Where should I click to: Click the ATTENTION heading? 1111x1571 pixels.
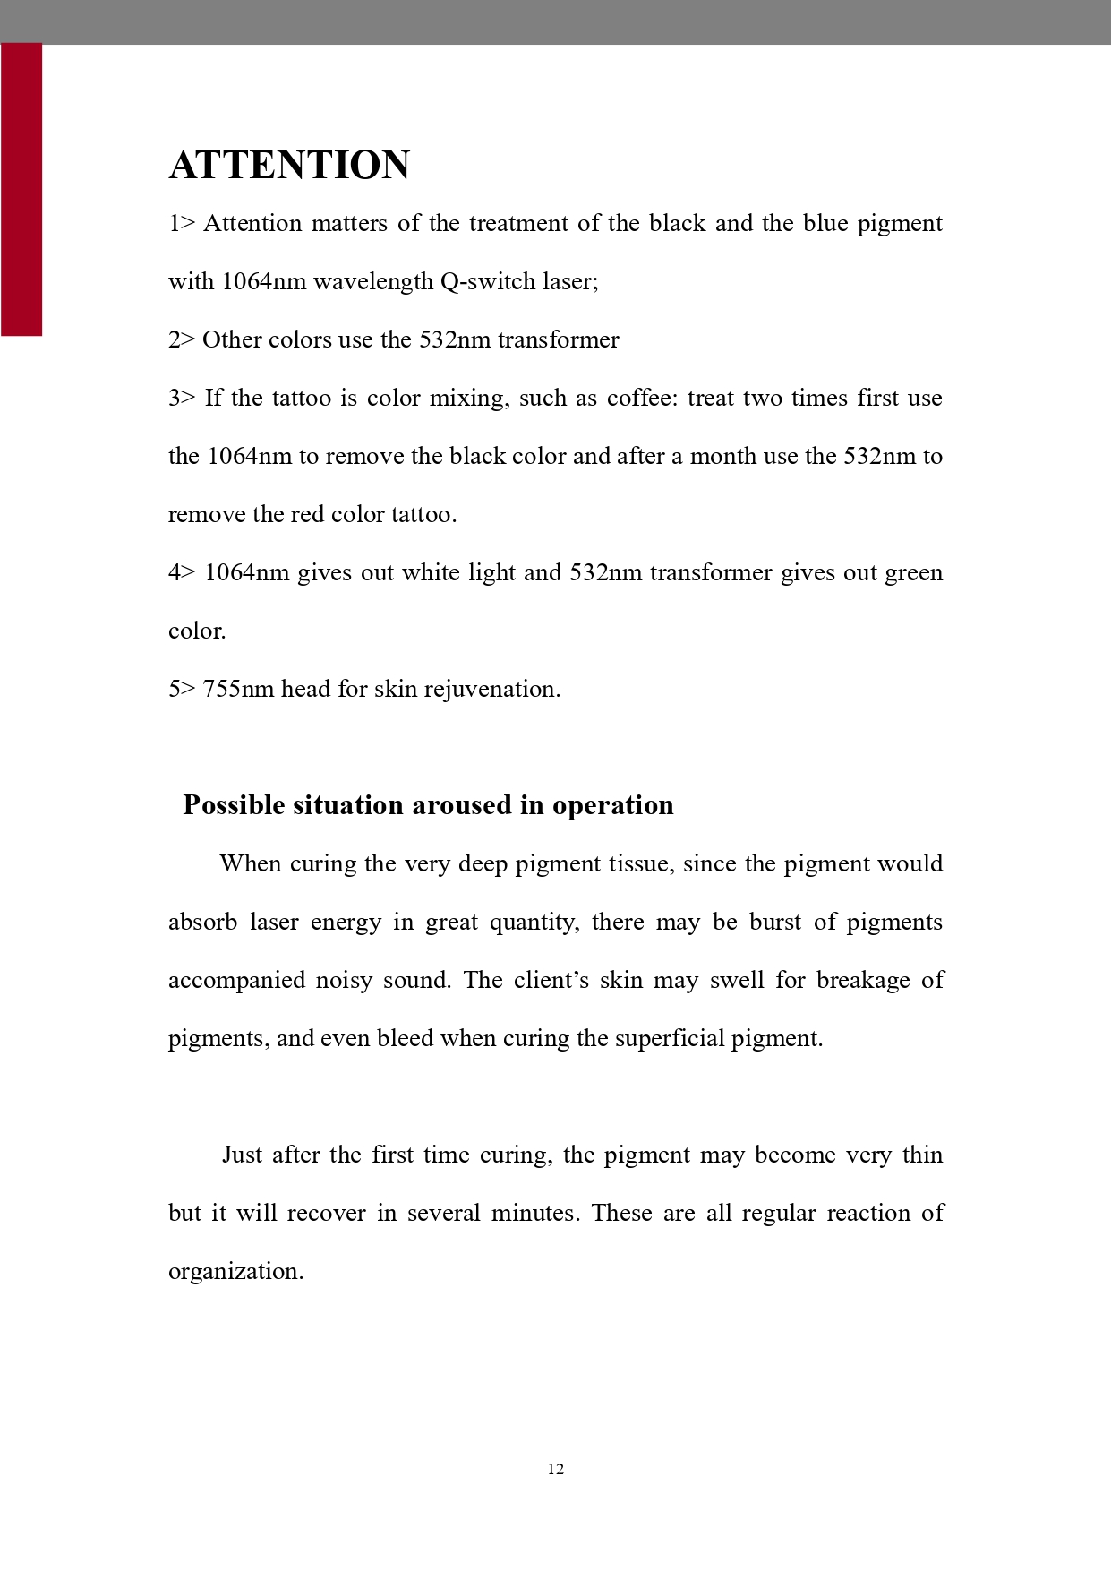tap(289, 166)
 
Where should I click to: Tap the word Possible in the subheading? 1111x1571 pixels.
tap(233, 805)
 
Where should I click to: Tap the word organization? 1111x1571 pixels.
tap(235, 1272)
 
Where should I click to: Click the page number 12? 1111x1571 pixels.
tap(556, 1469)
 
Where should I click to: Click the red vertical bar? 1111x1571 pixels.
tap(21, 189)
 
